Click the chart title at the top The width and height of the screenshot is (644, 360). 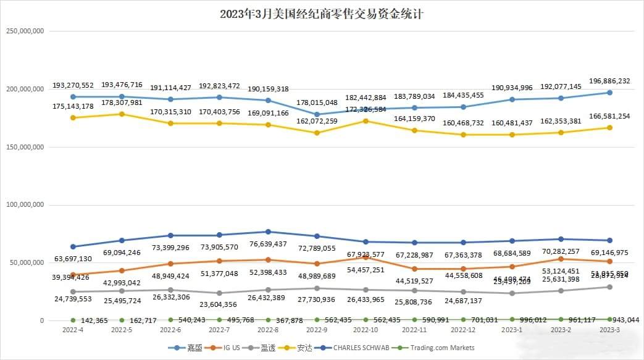coord(321,14)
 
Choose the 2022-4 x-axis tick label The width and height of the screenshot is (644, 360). coord(73,330)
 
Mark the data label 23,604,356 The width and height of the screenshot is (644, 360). coord(219,304)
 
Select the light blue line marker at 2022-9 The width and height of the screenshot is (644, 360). coord(317,114)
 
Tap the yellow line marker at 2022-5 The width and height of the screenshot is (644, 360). coord(122,114)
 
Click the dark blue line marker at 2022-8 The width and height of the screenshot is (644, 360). coord(268,232)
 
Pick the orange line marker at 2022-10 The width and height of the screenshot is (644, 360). coord(366,257)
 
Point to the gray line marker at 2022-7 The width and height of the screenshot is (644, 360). coord(219,293)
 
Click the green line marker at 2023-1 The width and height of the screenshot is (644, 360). coord(512,319)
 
